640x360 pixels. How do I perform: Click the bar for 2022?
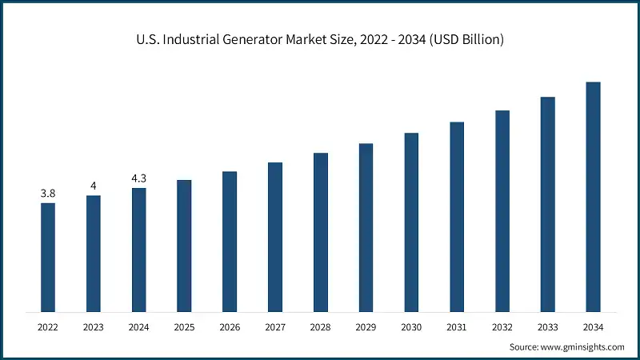point(48,257)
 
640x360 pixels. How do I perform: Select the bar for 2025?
point(184,246)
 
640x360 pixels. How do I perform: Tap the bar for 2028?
point(321,232)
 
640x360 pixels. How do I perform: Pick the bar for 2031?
point(457,217)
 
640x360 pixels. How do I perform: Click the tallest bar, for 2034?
point(593,197)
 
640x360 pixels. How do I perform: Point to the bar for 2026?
point(230,241)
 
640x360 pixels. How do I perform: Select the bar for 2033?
point(548,204)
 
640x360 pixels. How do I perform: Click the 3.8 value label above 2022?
point(48,194)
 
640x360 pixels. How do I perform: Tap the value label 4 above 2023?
point(94,186)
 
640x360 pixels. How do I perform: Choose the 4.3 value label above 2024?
point(138,178)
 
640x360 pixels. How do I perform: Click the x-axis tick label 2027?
point(275,327)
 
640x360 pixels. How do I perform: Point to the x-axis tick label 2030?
point(411,327)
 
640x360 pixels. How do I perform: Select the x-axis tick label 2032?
point(502,327)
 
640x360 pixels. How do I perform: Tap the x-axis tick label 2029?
point(366,327)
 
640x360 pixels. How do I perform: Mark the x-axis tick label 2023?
point(94,327)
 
